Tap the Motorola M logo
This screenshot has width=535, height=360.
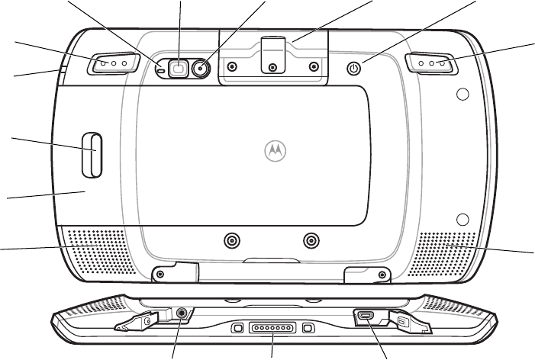click(272, 151)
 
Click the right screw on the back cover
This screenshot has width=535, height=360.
click(310, 241)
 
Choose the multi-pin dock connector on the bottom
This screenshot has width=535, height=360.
click(272, 329)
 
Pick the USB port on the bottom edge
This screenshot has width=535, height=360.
click(365, 315)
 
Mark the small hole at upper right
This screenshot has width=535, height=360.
click(460, 95)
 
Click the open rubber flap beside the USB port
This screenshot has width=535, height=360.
click(400, 320)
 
